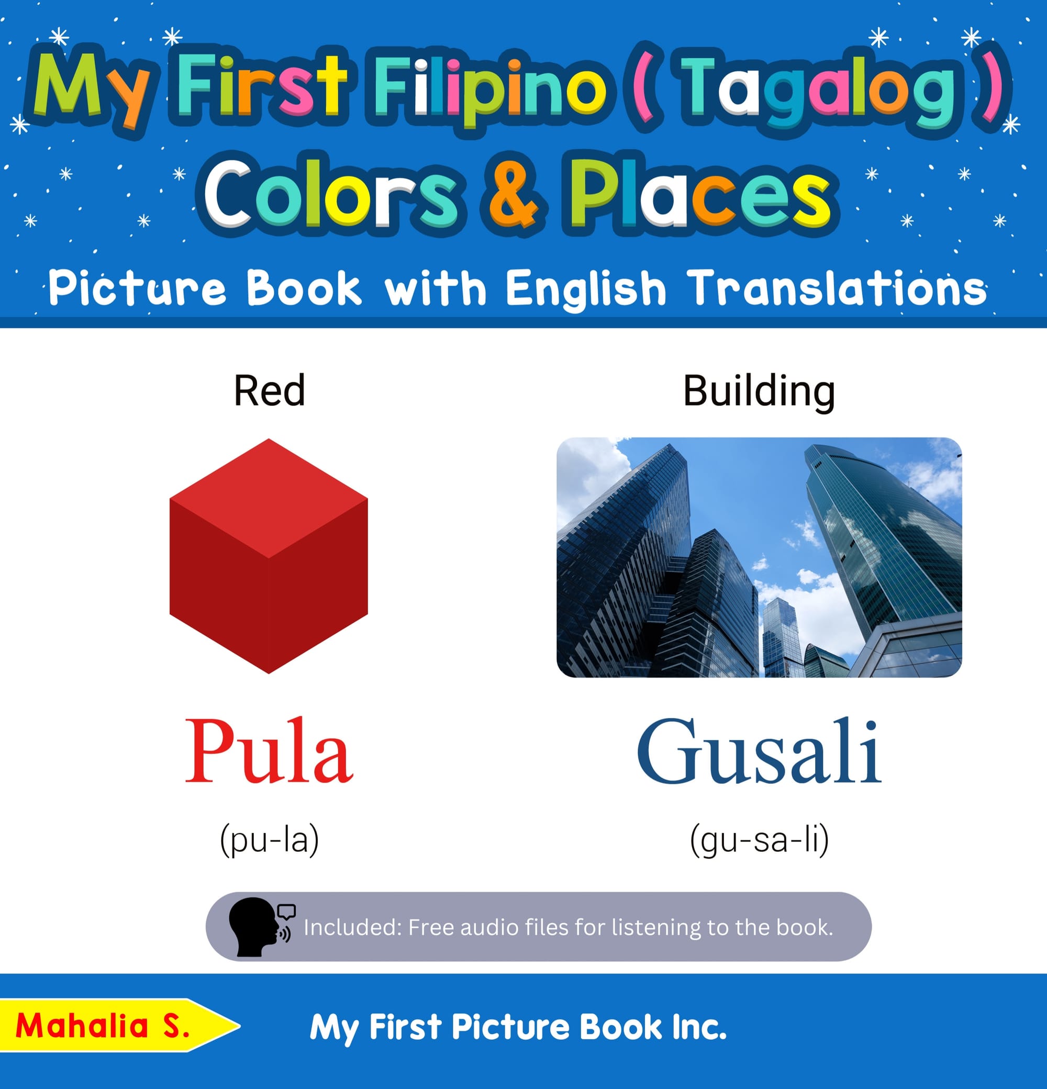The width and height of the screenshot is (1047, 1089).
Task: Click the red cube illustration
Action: (269, 556)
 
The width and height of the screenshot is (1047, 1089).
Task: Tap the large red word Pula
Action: (269, 751)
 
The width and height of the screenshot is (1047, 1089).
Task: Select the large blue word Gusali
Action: (759, 751)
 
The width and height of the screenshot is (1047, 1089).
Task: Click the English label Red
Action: (270, 390)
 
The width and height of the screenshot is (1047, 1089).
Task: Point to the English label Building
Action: (759, 393)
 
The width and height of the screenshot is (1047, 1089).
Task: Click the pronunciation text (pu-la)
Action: (270, 839)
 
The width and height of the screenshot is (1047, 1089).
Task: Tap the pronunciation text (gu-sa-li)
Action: (759, 839)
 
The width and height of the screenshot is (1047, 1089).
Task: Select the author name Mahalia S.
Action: (103, 1026)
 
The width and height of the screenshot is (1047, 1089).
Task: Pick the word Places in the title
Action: (700, 193)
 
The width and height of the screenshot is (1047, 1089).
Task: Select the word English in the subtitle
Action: (586, 289)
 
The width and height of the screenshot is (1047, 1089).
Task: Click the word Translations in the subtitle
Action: (837, 288)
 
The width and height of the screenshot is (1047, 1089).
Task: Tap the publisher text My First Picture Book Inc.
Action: (518, 1027)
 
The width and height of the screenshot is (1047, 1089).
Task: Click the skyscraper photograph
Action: (759, 557)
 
